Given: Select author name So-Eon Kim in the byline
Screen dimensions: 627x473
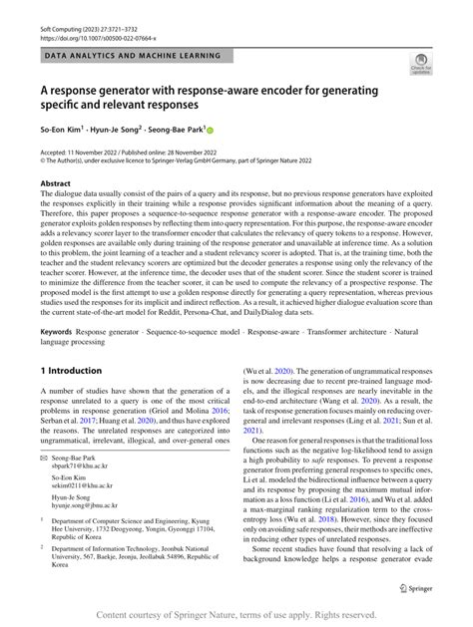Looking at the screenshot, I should pyautogui.click(x=61, y=131).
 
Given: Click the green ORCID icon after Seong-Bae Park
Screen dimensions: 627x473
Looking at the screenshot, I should pyautogui.click(x=211, y=131).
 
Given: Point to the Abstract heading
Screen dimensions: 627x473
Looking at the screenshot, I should pyautogui.click(x=55, y=184).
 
